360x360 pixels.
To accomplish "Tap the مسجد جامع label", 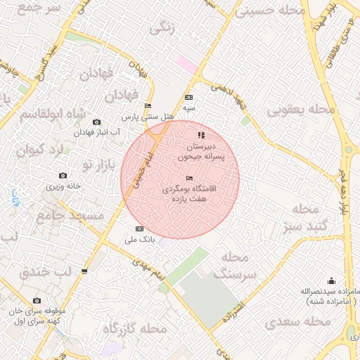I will [x=70, y=215].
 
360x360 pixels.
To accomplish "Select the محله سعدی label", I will [x=297, y=322].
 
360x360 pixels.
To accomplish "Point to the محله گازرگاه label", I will [x=134, y=328].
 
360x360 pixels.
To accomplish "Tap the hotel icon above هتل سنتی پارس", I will [x=148, y=105].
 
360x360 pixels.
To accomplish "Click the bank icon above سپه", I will [x=188, y=97].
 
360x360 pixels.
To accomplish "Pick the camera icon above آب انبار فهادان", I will [x=97, y=122].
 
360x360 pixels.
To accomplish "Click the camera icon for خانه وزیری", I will [x=63, y=175].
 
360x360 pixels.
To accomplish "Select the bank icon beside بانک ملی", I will [x=139, y=229].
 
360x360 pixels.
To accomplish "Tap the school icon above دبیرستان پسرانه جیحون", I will [x=201, y=134].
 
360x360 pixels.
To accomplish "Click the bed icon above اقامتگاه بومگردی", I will [x=188, y=179].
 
